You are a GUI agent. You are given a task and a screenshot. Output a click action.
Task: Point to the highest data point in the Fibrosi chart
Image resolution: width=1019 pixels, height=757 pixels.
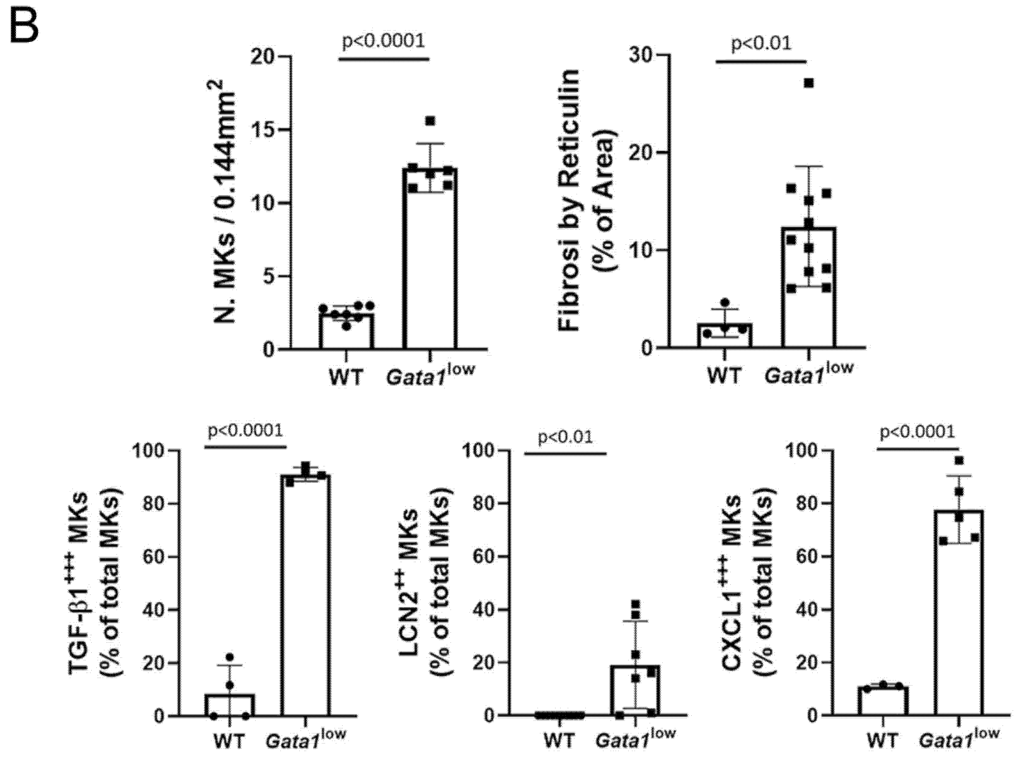coord(809,83)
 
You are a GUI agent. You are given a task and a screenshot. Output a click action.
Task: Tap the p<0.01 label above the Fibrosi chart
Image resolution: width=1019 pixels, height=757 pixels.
coord(761,43)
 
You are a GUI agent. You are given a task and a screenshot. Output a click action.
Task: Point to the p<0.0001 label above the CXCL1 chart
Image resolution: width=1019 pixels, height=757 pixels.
coord(918,432)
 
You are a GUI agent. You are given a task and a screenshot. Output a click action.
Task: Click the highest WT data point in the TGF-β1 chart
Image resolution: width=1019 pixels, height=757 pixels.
coord(230,657)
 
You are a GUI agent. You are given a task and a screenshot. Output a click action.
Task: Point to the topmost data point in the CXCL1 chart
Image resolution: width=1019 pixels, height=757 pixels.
coord(959,460)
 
